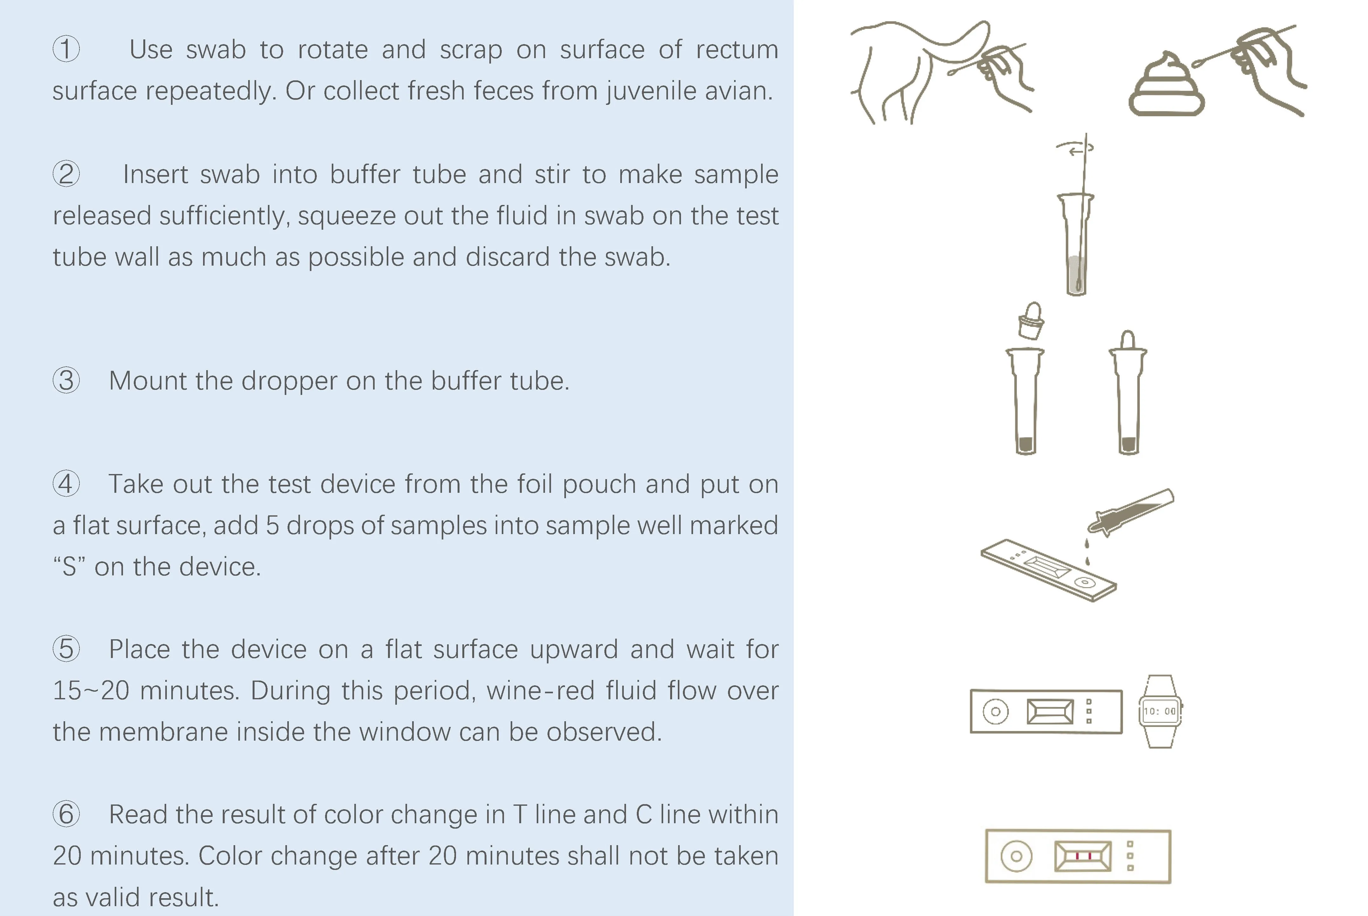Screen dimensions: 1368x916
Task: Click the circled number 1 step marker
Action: (66, 49)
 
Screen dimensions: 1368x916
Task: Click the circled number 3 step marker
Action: (66, 380)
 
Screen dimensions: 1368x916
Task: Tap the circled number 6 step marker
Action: (66, 814)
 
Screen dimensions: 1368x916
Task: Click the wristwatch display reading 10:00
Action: (1160, 711)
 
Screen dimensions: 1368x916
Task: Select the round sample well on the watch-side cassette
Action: (996, 711)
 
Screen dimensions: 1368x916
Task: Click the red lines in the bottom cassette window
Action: (1084, 856)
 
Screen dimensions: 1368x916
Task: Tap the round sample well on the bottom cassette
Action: (1016, 856)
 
